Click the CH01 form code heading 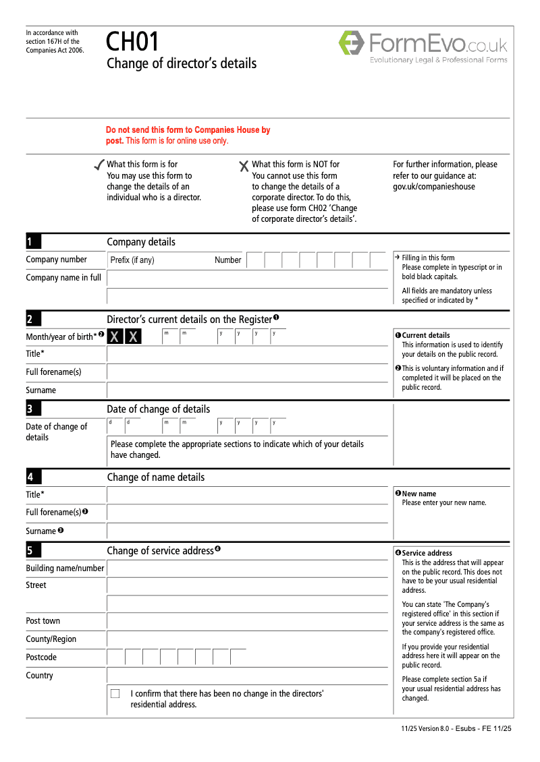click(132, 42)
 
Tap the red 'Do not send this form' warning click(188, 135)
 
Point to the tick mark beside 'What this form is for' click(99, 165)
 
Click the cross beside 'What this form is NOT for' click(244, 166)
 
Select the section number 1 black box click(33, 242)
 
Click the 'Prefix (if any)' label click(132, 260)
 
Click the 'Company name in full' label click(63, 277)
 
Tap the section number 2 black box click(33, 319)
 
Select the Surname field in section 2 click(247, 390)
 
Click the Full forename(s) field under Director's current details click(247, 372)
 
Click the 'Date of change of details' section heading click(158, 409)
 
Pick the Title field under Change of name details click(247, 494)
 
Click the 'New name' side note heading click(419, 494)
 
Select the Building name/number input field click(247, 568)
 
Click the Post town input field click(247, 621)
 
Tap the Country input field click(247, 675)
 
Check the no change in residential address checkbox click(115, 693)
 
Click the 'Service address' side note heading click(427, 553)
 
